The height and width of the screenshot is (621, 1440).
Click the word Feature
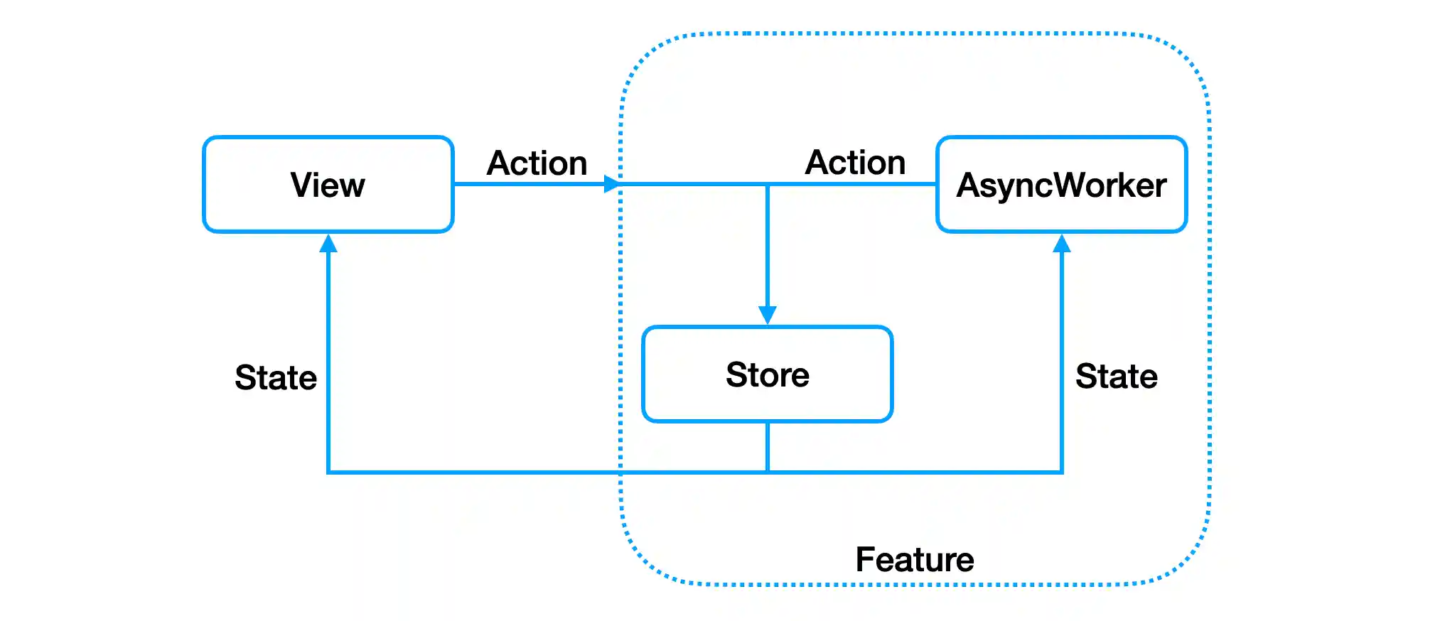(x=914, y=560)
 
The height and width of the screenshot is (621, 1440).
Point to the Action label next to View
(x=537, y=163)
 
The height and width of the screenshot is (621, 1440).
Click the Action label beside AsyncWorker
(x=855, y=163)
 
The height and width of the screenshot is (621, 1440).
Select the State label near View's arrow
(x=276, y=377)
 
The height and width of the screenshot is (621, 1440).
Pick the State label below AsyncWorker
(x=1116, y=376)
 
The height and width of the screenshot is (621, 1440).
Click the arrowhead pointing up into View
(x=328, y=244)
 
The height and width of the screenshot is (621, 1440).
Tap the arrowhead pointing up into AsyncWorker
(x=1061, y=244)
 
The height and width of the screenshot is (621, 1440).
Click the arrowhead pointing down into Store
(x=767, y=315)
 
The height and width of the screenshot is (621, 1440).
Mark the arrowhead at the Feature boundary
(x=611, y=184)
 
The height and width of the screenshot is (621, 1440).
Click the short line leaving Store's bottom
(x=767, y=446)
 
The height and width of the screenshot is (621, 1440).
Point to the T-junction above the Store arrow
(x=767, y=185)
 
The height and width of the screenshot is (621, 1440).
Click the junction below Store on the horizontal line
(x=767, y=472)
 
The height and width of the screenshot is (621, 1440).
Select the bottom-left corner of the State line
(x=328, y=472)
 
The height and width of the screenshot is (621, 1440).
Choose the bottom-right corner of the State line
(x=1061, y=472)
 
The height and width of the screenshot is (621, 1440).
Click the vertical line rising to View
(x=328, y=355)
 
